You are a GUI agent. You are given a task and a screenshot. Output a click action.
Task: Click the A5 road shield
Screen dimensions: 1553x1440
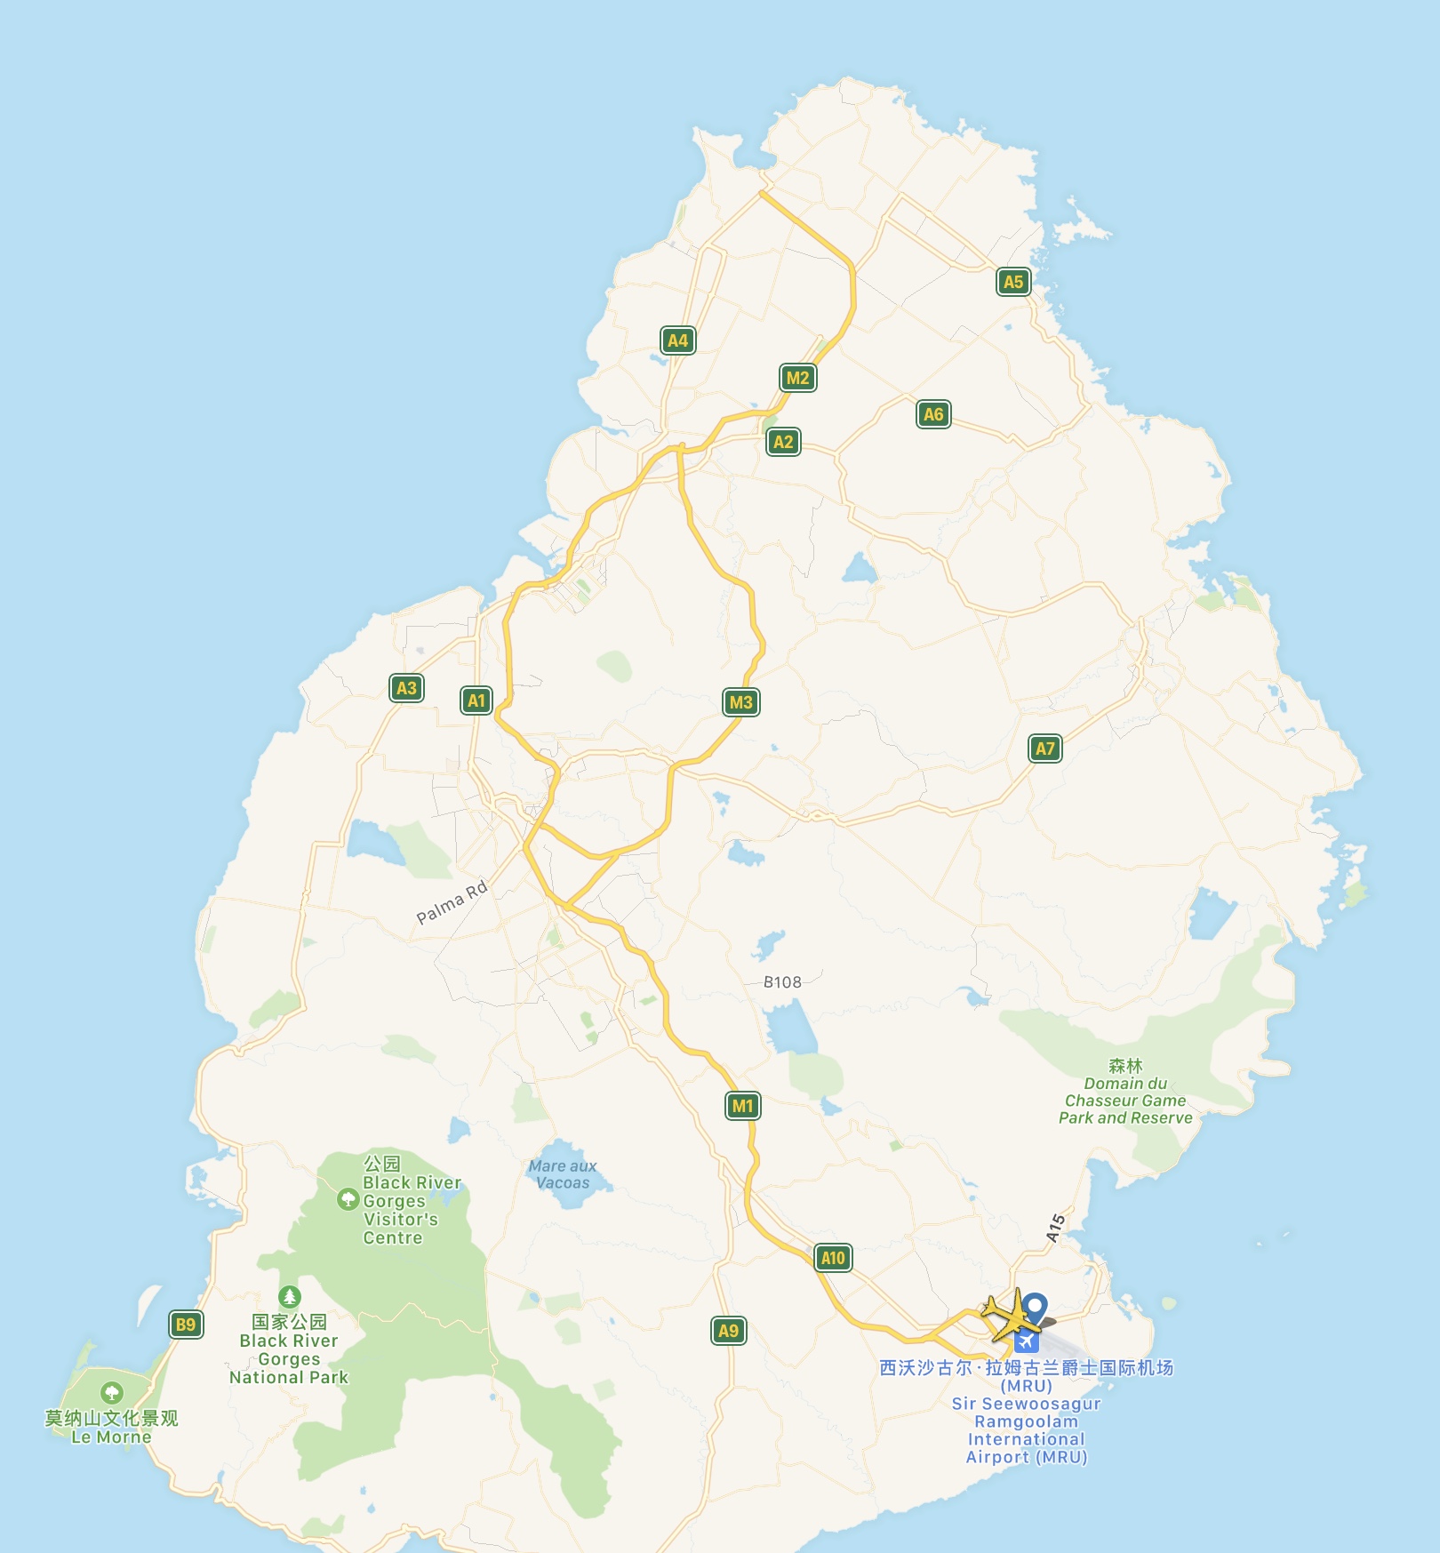point(1012,282)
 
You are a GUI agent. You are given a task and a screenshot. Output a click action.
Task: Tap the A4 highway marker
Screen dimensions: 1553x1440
point(677,340)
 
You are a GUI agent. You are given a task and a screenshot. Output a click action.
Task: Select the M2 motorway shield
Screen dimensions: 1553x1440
point(797,378)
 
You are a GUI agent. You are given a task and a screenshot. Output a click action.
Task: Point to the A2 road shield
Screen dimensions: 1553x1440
point(783,442)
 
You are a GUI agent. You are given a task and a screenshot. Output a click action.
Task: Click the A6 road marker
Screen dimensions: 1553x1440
point(933,413)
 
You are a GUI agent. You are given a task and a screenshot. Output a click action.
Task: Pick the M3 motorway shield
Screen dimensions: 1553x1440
point(740,702)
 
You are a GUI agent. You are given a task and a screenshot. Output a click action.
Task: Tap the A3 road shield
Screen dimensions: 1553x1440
point(406,687)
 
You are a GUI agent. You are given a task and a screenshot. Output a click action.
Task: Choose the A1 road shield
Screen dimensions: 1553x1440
point(476,700)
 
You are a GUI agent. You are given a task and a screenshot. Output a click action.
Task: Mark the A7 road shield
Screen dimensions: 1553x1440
point(1045,748)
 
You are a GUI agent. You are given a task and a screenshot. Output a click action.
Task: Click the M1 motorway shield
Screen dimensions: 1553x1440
point(742,1106)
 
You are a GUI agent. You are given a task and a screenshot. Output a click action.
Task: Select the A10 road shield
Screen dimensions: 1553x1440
point(833,1258)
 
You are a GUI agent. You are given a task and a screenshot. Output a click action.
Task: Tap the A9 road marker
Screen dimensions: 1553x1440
point(728,1331)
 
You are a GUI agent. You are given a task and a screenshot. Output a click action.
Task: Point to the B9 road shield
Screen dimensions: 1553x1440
point(186,1325)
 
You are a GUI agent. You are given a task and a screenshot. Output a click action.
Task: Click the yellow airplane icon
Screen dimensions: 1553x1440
point(1009,1315)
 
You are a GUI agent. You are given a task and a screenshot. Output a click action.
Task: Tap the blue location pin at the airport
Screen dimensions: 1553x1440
point(1035,1308)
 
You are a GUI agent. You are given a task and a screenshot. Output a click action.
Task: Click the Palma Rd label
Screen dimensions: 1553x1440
point(452,901)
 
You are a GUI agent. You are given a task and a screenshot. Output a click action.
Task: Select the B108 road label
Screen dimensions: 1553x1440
point(782,982)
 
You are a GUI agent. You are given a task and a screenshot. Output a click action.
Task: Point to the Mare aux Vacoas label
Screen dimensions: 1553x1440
point(563,1173)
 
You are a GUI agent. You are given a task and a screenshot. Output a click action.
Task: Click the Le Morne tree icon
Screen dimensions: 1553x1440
point(111,1392)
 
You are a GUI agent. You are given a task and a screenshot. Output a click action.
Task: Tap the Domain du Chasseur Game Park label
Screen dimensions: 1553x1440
point(1125,1101)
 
